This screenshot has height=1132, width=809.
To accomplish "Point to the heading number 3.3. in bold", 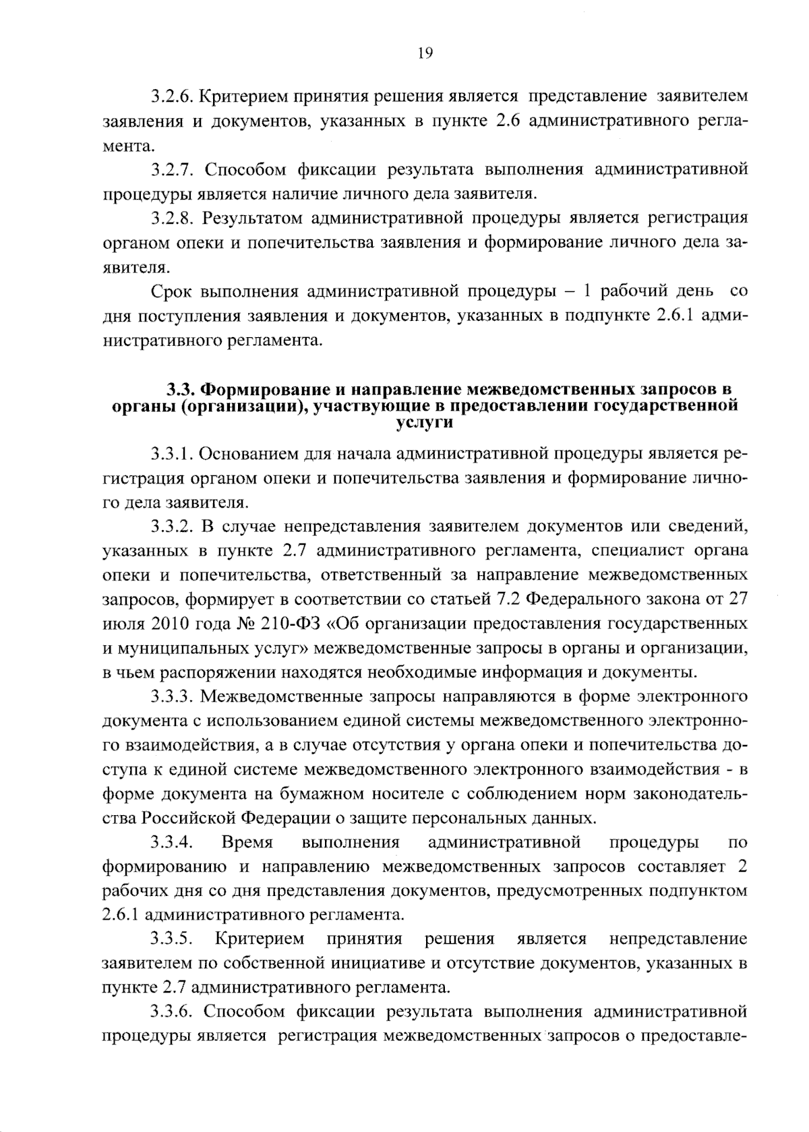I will pyautogui.click(x=181, y=390).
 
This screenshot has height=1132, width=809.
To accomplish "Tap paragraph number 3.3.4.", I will pyautogui.click(x=171, y=843).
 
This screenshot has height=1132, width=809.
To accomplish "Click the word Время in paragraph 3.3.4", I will pyautogui.click(x=247, y=843).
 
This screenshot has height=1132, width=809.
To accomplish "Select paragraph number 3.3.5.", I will pyautogui.click(x=171, y=940).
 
